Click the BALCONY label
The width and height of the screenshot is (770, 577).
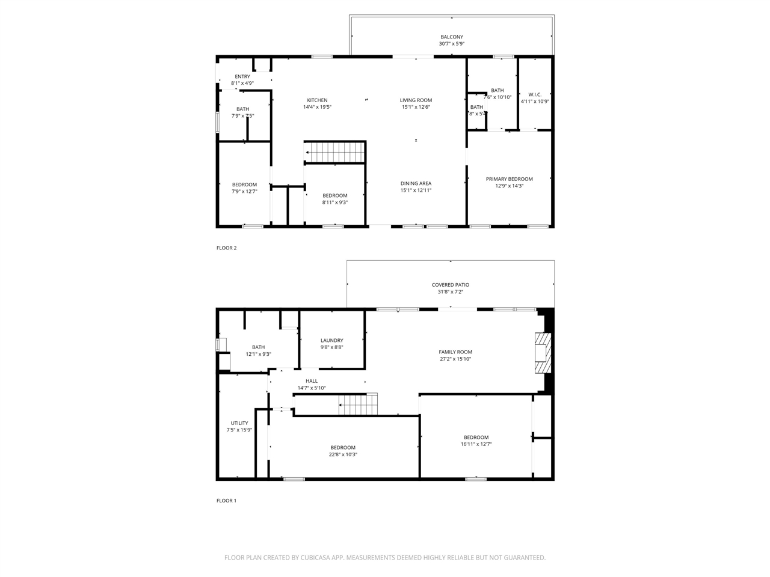pos(451,37)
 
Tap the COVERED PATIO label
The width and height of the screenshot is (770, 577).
pos(450,285)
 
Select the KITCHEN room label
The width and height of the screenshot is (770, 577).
pos(317,100)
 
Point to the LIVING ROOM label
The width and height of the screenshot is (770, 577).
pos(416,100)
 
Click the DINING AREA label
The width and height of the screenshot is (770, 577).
pos(416,184)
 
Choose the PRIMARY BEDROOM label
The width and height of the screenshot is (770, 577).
pos(509,179)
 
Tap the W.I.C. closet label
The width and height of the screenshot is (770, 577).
pos(535,95)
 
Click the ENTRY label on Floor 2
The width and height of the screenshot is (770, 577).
pos(242,77)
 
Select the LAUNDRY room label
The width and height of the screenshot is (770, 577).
pos(331,341)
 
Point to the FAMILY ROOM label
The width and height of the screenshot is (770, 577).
pos(455,352)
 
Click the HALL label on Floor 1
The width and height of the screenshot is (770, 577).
pos(312,381)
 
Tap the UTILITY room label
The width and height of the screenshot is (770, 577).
pos(239,423)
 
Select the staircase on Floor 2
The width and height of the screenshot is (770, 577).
pos(336,152)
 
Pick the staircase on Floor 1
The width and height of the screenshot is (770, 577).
pos(359,405)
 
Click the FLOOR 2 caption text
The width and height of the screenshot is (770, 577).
pos(227,248)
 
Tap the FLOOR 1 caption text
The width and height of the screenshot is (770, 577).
pos(227,501)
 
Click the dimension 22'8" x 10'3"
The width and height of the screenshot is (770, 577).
pos(343,454)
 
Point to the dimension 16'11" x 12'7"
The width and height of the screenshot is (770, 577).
pos(476,444)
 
